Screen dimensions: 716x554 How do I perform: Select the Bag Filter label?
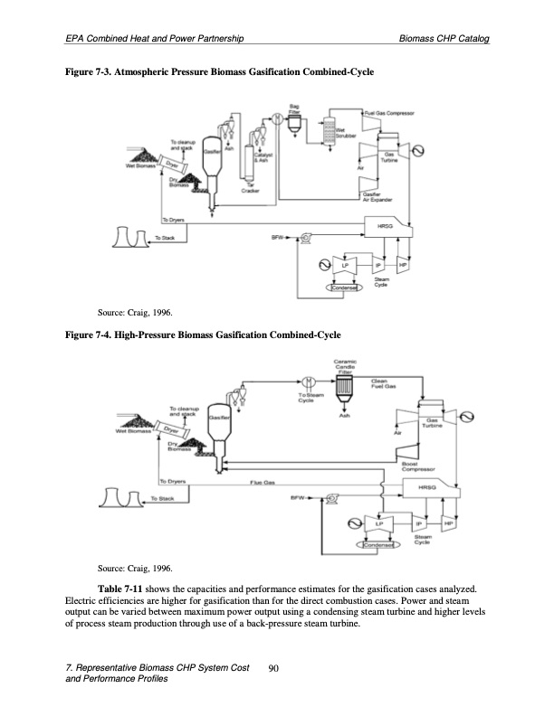coord(294,108)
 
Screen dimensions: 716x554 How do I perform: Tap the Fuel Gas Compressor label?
coord(389,113)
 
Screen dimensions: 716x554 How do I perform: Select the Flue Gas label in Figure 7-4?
coord(263,483)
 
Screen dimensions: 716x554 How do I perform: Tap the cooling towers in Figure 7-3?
coord(129,237)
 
